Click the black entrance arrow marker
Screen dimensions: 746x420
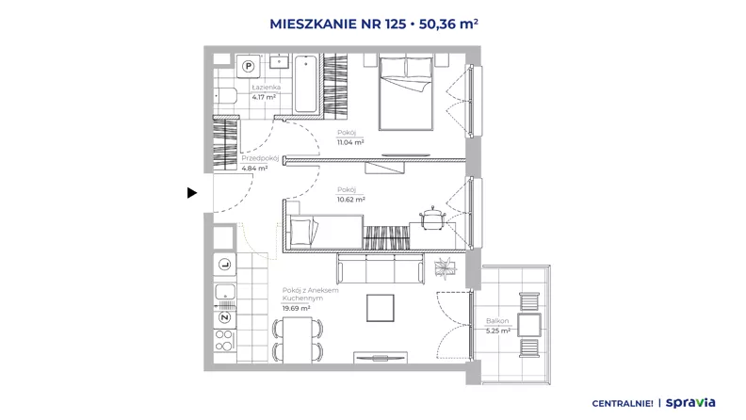[192, 193]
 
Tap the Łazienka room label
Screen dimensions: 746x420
[266, 88]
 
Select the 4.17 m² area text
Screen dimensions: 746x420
[264, 97]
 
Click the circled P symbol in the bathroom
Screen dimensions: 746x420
[249, 67]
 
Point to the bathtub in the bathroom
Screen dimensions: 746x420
[305, 84]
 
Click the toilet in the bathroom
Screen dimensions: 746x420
[224, 96]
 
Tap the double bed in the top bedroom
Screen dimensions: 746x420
[406, 93]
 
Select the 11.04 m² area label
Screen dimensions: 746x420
[350, 142]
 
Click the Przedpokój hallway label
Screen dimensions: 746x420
[260, 158]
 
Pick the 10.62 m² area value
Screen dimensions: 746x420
[351, 200]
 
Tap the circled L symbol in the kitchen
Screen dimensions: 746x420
[224, 265]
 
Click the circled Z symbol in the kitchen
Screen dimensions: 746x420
[224, 317]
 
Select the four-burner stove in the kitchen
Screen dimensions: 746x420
[224, 341]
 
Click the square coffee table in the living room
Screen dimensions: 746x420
[381, 308]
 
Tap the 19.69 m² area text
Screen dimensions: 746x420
[297, 308]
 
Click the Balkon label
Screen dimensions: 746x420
[497, 321]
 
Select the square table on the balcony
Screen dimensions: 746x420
[529, 325]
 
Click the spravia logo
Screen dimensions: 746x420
[690, 403]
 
